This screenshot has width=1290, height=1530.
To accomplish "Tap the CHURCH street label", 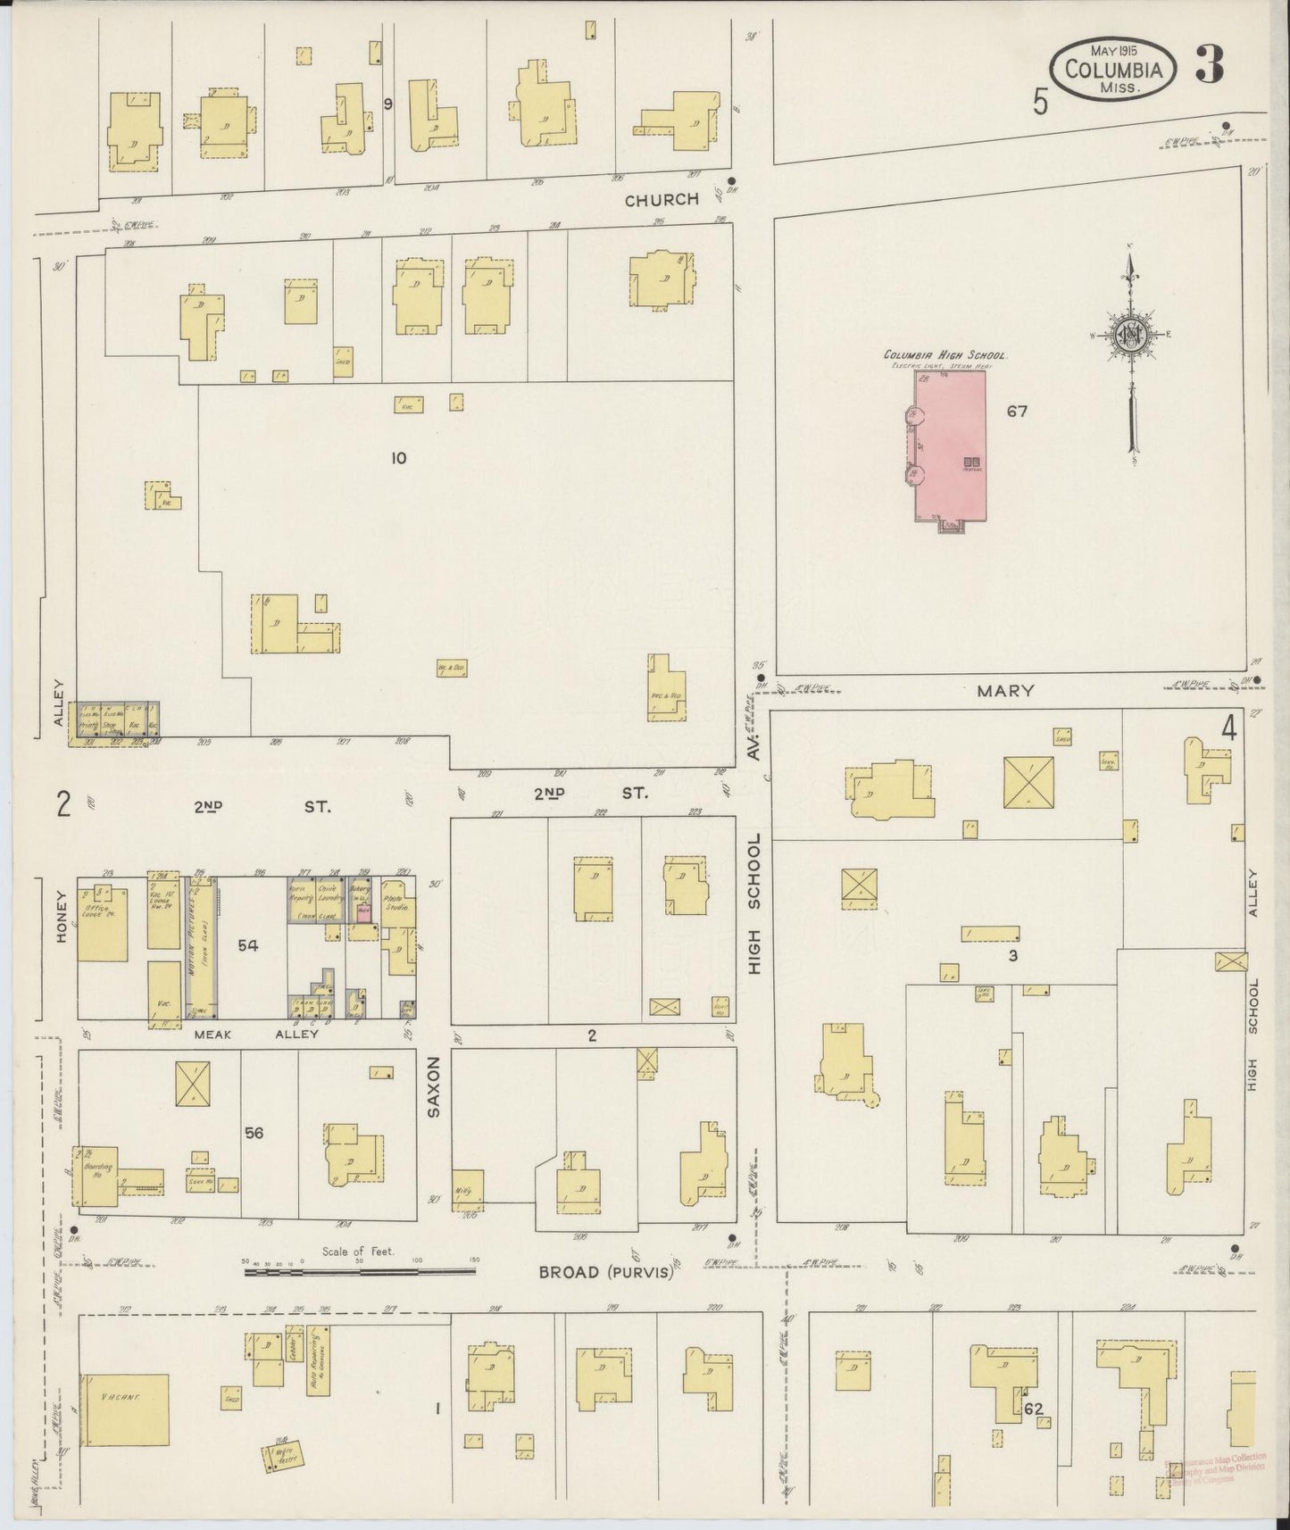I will click(662, 200).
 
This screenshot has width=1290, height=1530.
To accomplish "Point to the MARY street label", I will click(1005, 690).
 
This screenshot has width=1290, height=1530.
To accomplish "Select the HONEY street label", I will click(62, 919).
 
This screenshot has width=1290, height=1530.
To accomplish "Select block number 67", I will click(1017, 412).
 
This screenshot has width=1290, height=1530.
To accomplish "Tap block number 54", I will click(247, 944).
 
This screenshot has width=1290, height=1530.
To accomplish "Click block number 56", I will click(254, 1133).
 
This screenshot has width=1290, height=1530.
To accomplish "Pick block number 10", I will click(398, 458).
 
